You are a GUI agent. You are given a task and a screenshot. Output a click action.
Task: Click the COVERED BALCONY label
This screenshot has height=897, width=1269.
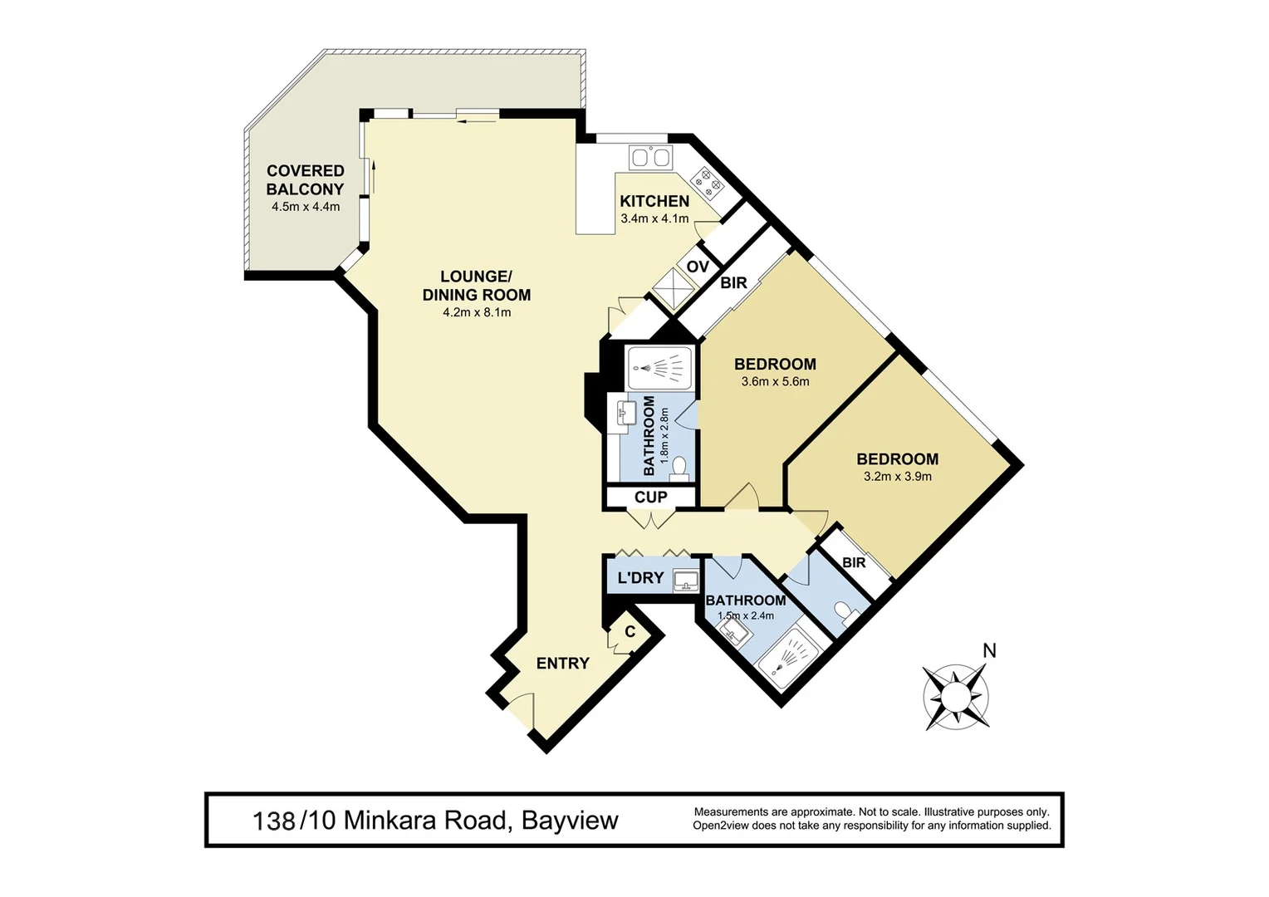point(305,180)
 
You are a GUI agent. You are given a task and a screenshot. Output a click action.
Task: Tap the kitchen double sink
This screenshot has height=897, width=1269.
point(650,158)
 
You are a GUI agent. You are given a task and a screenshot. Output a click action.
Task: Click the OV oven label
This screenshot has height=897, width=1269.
point(698,267)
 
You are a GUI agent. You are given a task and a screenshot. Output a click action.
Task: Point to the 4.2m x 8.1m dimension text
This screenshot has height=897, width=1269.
point(477,313)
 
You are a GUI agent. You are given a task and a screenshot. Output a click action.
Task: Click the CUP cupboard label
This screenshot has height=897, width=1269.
point(650,498)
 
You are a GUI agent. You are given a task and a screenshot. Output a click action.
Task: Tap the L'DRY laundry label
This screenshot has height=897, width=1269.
point(640,578)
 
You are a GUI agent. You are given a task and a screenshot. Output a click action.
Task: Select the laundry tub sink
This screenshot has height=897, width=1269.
point(686,580)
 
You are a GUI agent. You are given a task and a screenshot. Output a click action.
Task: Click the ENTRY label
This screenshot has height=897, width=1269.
point(562,663)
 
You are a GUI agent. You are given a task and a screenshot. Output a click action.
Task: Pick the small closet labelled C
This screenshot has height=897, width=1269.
point(630,632)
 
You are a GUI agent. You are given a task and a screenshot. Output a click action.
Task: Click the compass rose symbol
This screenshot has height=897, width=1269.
point(956,697)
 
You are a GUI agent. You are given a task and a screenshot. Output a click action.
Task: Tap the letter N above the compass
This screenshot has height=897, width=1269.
point(989,651)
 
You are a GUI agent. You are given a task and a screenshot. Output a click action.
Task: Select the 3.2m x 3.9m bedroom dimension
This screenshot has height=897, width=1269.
point(897,477)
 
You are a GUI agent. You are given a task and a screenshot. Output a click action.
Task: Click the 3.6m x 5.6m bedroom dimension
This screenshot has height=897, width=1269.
point(775,382)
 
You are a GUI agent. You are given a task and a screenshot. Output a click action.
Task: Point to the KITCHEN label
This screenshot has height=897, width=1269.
point(654,201)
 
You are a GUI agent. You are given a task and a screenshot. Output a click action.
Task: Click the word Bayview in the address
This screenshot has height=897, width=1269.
point(569,821)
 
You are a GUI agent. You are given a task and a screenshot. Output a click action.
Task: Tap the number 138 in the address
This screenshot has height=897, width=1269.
point(273,821)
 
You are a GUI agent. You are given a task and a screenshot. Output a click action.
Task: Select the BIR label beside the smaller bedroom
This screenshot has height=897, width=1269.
point(854,562)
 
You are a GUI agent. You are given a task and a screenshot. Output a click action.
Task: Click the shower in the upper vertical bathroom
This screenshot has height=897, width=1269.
point(659,367)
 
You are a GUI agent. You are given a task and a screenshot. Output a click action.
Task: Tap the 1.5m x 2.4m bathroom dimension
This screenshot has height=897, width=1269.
point(745,615)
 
